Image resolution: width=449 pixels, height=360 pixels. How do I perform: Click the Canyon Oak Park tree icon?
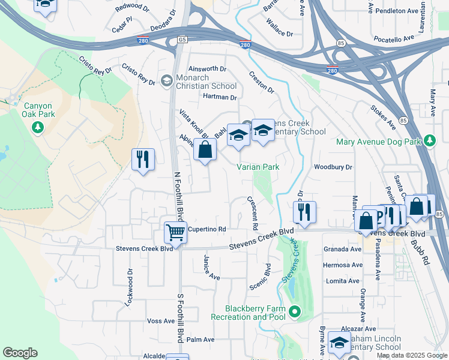click(x=38, y=127)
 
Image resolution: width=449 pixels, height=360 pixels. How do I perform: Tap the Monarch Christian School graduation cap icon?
click(x=166, y=80)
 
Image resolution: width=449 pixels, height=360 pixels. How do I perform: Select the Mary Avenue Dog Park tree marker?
click(x=429, y=141)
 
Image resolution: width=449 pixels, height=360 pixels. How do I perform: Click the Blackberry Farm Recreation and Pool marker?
click(x=294, y=311)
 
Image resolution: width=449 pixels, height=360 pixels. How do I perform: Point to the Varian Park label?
click(x=258, y=167)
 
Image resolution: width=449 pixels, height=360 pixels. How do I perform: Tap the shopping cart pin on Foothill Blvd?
click(x=175, y=232)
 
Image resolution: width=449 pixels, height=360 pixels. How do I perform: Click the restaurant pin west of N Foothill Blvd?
click(x=143, y=159)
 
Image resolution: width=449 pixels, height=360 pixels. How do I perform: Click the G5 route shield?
click(x=182, y=40)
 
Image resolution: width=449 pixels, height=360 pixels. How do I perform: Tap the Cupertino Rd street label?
click(x=206, y=229)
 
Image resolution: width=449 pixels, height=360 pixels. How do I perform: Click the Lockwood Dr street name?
click(x=129, y=289)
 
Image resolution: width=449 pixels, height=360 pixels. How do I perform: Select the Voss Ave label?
click(x=160, y=321)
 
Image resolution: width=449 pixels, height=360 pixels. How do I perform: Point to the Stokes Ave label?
click(x=383, y=116)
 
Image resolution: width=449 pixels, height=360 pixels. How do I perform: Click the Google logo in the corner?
click(x=20, y=353)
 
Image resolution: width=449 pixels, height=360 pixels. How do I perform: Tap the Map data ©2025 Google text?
click(x=411, y=355)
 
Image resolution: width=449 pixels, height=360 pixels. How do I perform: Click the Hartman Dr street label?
click(x=220, y=97)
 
